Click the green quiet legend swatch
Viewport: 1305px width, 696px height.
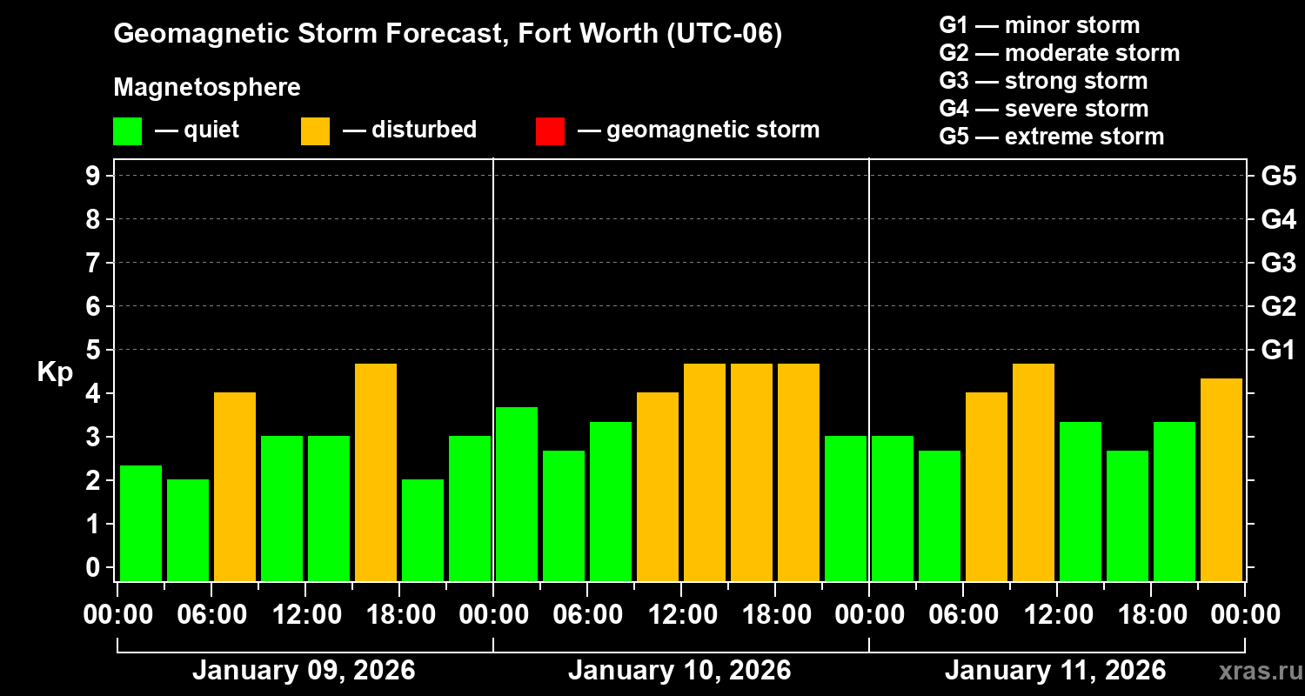click(x=127, y=130)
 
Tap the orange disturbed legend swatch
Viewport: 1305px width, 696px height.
click(x=315, y=130)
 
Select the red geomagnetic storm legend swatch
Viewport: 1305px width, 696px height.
click(x=550, y=130)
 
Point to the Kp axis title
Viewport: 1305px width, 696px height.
click(x=55, y=372)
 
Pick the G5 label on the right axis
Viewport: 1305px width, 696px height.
click(x=1278, y=177)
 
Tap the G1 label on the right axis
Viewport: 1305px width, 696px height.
click(x=1278, y=351)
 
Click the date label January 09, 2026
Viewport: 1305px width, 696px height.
click(x=304, y=671)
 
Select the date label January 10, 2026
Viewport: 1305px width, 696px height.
click(x=679, y=671)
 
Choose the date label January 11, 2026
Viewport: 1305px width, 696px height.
click(x=1055, y=671)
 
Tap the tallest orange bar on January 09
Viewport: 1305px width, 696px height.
click(x=376, y=472)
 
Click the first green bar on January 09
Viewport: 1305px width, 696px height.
click(x=141, y=522)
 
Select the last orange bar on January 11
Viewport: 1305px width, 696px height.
click(x=1221, y=478)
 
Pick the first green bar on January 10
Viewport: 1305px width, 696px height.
click(x=517, y=493)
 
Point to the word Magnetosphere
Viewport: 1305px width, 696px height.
click(x=207, y=88)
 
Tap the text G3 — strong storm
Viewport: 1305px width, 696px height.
click(x=1043, y=81)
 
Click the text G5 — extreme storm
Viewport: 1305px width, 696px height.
click(x=1051, y=137)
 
